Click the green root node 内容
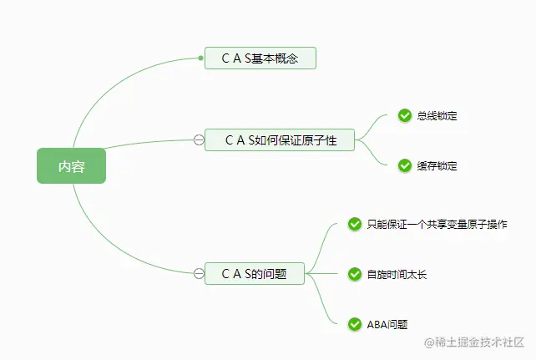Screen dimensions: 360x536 pyautogui.click(x=71, y=165)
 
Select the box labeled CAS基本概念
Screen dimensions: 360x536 pyautogui.click(x=260, y=58)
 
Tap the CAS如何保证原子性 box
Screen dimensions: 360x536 pyautogui.click(x=280, y=139)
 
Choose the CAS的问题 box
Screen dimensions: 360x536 pyautogui.click(x=255, y=273)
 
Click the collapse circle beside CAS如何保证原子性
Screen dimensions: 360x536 pyautogui.click(x=198, y=139)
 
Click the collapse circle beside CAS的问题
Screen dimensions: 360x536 pyautogui.click(x=198, y=273)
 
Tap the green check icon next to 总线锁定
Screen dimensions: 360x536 pyautogui.click(x=405, y=115)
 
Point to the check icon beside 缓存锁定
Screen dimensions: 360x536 pyautogui.click(x=405, y=165)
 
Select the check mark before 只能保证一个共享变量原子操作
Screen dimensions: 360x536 pyautogui.click(x=355, y=224)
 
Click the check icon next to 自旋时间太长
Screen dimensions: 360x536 pyautogui.click(x=355, y=273)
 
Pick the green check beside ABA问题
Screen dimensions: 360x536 pyautogui.click(x=355, y=323)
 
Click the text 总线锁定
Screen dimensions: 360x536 pyautogui.click(x=437, y=115)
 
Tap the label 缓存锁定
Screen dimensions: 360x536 pyautogui.click(x=437, y=165)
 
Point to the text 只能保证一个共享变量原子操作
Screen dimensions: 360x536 pyautogui.click(x=437, y=224)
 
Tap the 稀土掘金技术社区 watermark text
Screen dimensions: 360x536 pyautogui.click(x=479, y=342)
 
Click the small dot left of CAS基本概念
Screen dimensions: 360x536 pyautogui.click(x=201, y=58)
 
